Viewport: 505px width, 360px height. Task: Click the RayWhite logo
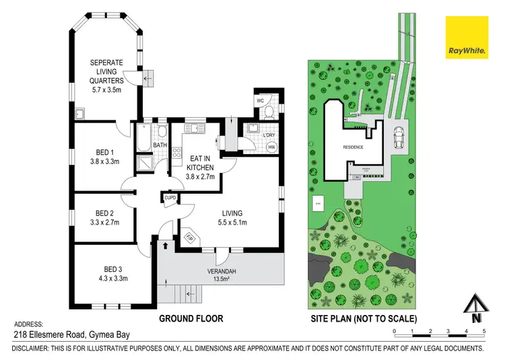[467, 38]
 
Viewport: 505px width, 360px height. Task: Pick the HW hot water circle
[271, 147]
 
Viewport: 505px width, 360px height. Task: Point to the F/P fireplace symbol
[189, 238]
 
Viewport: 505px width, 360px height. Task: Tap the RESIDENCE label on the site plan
[353, 147]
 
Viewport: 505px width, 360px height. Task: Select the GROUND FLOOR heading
[191, 318]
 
